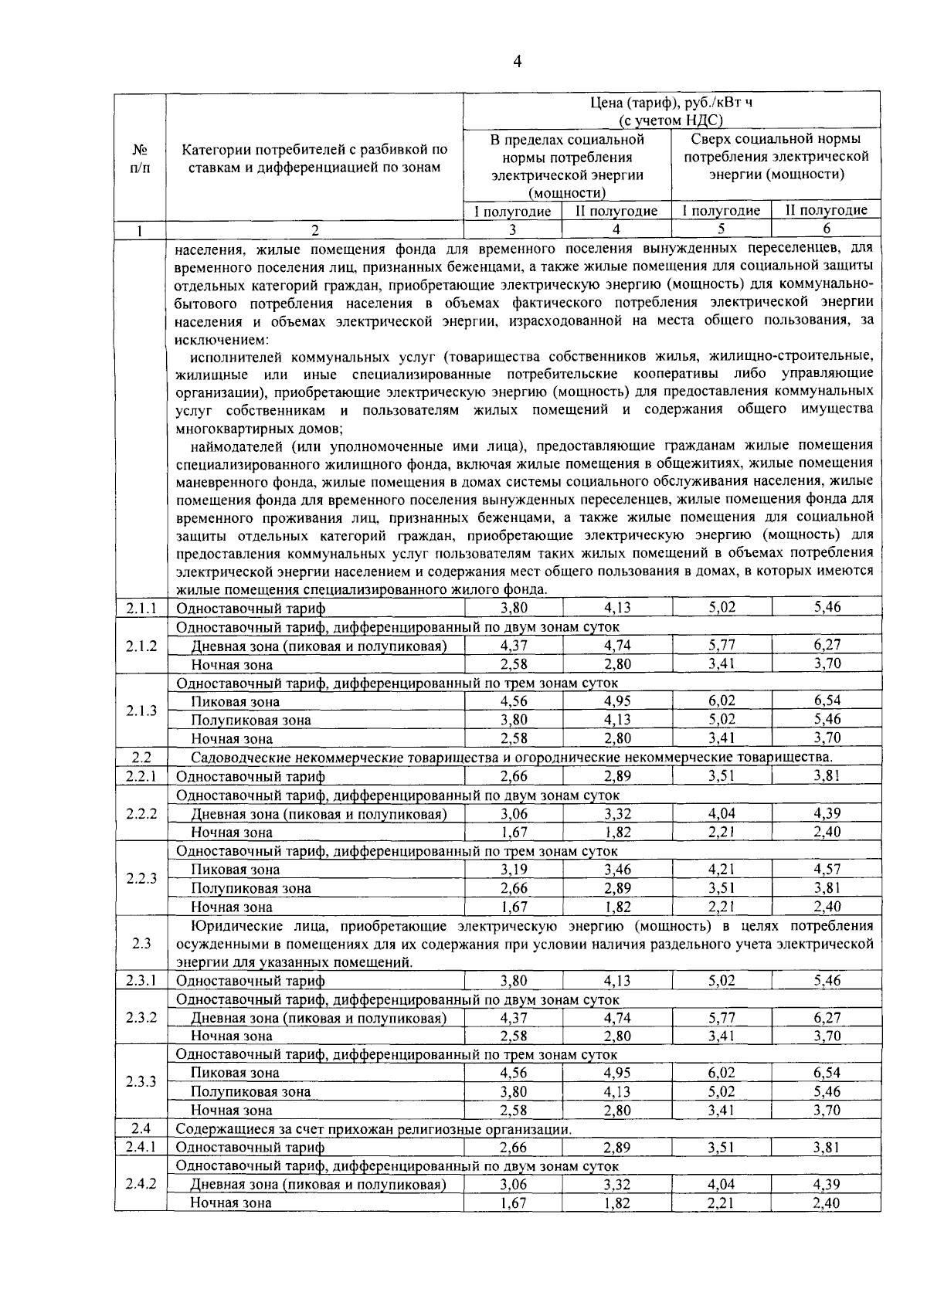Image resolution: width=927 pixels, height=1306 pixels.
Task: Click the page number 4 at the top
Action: tap(517, 62)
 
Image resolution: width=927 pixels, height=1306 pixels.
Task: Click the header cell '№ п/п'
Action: tap(140, 158)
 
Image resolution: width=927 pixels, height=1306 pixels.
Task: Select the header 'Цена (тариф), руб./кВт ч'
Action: tap(671, 103)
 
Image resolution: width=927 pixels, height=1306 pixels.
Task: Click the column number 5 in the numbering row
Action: tap(721, 229)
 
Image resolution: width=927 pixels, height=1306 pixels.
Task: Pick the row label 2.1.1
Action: tap(141, 608)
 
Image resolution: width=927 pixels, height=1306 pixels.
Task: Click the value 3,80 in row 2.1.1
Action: tap(514, 608)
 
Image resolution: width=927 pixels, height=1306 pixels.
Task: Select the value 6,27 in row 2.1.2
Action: tap(827, 645)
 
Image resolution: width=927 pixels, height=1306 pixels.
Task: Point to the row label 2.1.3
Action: tap(141, 711)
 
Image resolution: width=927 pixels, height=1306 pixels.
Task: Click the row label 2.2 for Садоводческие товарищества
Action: tap(141, 757)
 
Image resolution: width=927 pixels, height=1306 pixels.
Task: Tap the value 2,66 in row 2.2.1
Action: tap(514, 775)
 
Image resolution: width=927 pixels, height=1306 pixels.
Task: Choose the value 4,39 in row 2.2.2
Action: tap(827, 813)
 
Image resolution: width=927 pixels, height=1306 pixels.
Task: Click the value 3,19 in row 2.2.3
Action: tap(514, 870)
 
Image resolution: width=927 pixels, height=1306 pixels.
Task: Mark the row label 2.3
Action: tap(141, 943)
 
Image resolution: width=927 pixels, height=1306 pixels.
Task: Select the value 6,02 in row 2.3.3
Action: tap(722, 1073)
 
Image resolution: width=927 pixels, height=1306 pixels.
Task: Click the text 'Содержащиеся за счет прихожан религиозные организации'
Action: tap(374, 1129)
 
